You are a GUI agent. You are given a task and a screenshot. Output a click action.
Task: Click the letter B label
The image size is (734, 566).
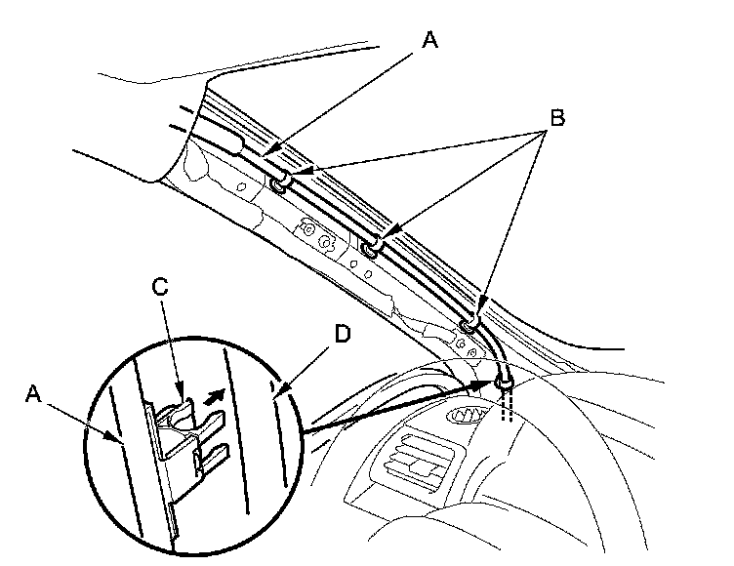coord(557,118)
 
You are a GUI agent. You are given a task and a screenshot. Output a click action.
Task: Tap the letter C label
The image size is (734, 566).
coord(161,287)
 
